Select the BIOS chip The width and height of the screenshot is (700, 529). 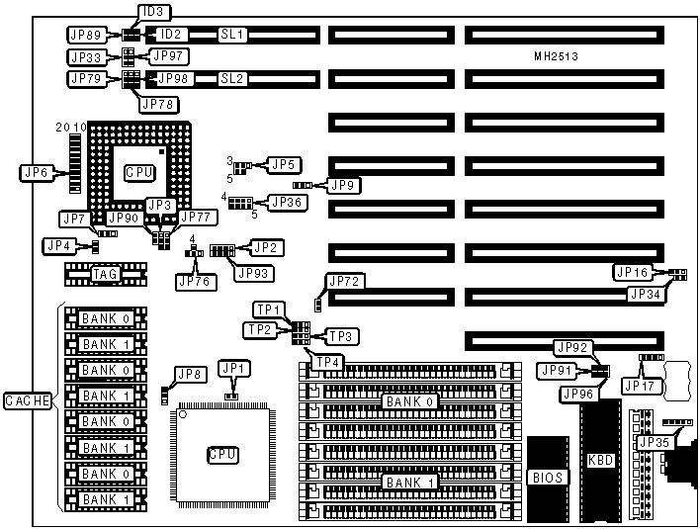(x=546, y=478)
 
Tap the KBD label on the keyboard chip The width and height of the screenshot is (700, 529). (x=601, y=461)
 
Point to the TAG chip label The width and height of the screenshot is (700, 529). (x=105, y=274)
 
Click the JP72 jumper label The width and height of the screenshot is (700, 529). (x=345, y=282)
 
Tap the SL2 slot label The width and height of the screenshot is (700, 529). (x=232, y=78)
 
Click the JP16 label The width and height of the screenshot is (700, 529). (x=632, y=272)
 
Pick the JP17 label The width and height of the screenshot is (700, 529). (x=638, y=386)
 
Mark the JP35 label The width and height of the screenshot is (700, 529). (x=654, y=442)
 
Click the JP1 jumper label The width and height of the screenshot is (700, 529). (x=236, y=369)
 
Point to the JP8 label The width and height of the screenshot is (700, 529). (x=188, y=375)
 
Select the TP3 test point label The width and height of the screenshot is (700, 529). (x=338, y=336)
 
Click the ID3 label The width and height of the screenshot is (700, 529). (x=154, y=12)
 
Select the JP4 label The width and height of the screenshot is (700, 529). (x=57, y=244)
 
